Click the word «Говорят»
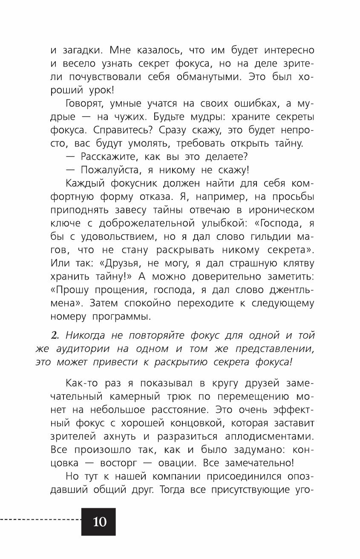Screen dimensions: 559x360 [85, 104]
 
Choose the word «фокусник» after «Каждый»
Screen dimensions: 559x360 [144, 184]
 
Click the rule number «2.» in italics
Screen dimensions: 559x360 [55, 335]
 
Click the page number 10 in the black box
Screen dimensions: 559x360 [99, 522]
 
